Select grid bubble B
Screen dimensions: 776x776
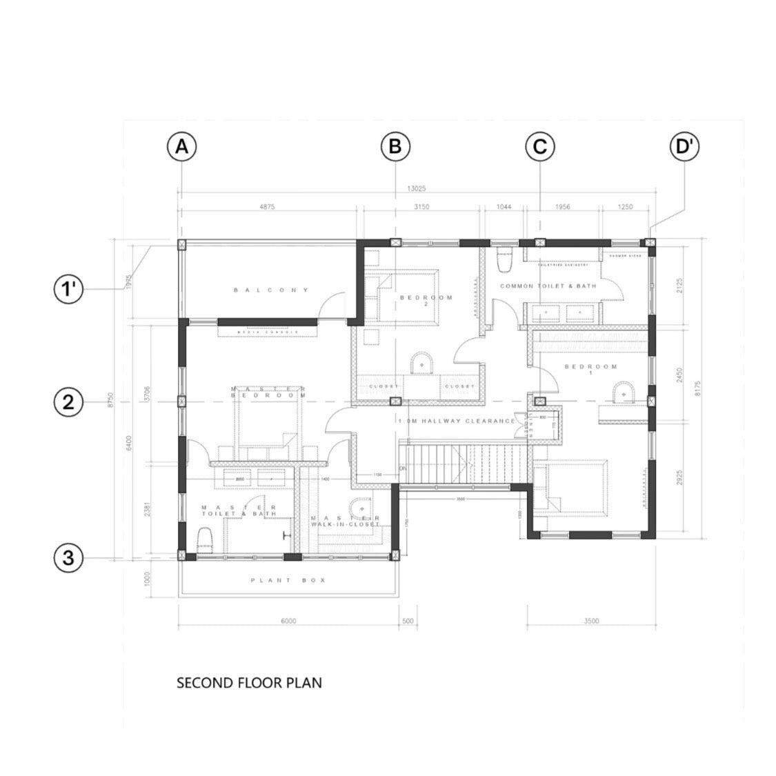(x=395, y=147)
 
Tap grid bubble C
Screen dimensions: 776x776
(x=539, y=147)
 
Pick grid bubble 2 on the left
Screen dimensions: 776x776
(x=68, y=402)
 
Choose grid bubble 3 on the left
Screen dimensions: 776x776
(x=68, y=557)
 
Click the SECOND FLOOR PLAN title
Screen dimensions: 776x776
(x=249, y=683)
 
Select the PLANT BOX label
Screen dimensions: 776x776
(x=288, y=581)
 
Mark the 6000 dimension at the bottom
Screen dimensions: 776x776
(x=288, y=621)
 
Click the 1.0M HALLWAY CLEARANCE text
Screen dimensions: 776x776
(x=457, y=421)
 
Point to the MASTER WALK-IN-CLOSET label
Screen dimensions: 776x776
(x=345, y=521)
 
